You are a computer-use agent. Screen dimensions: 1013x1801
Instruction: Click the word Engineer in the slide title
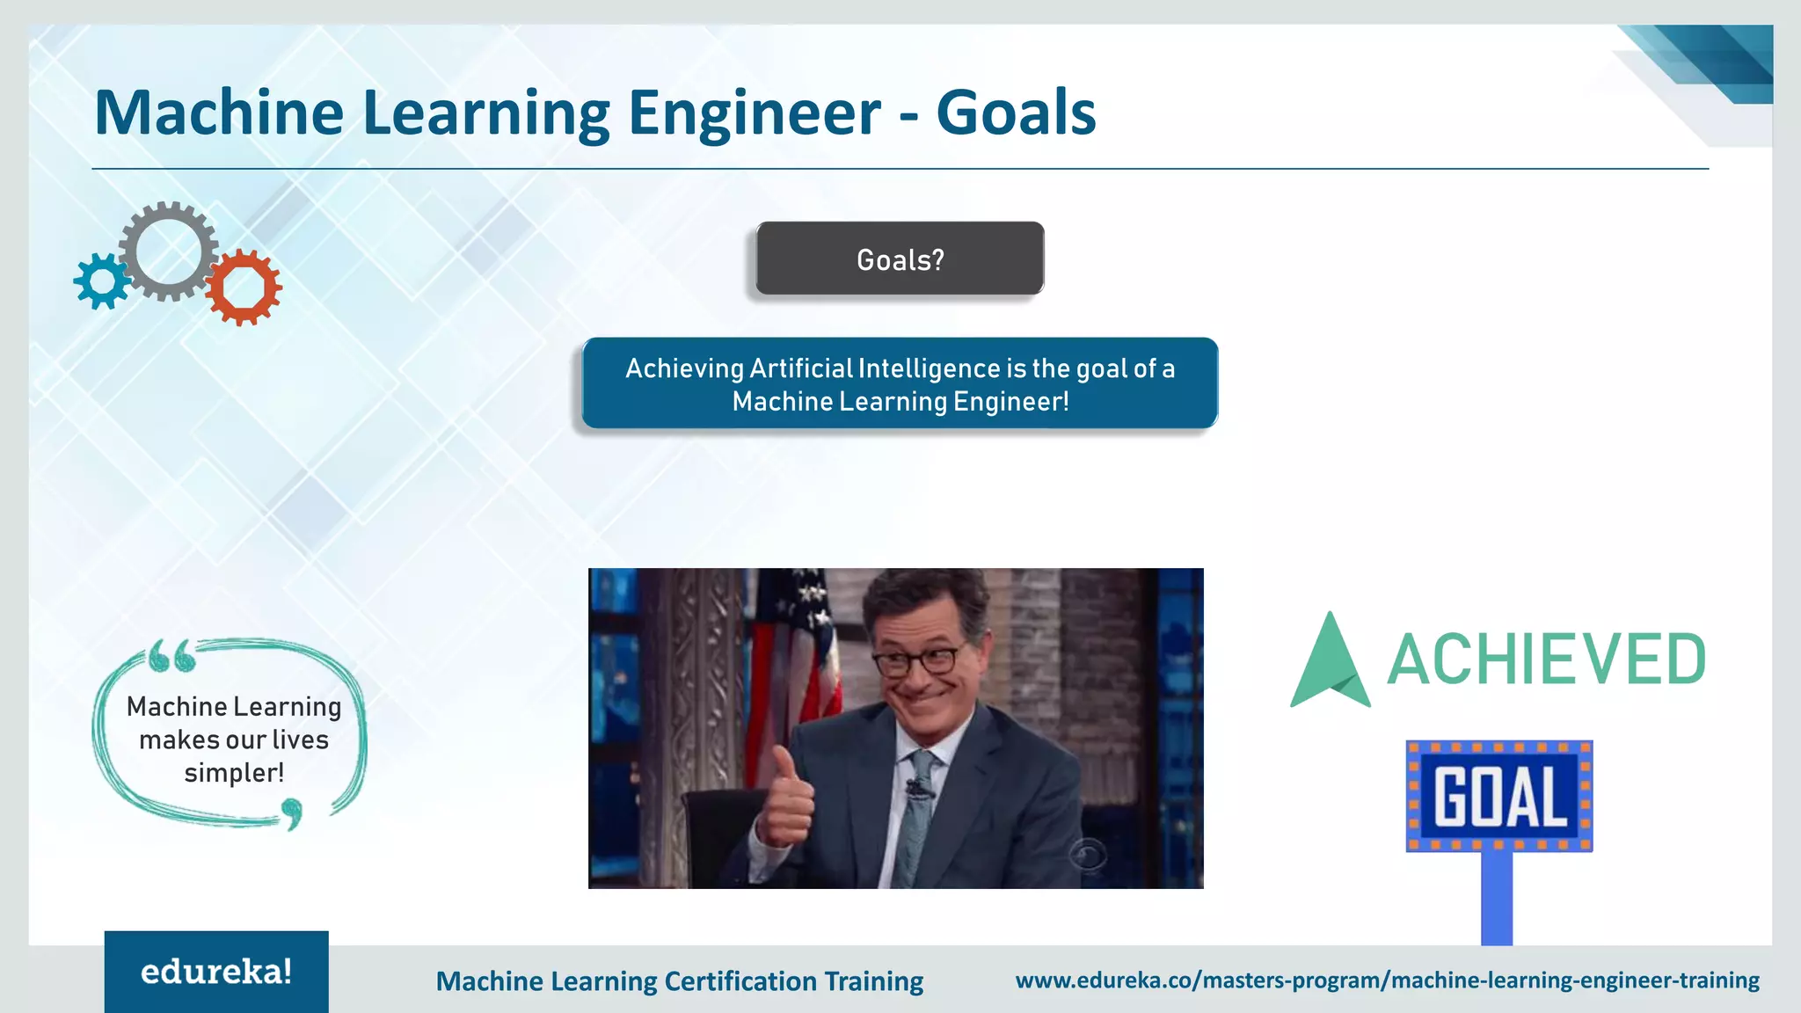(754, 113)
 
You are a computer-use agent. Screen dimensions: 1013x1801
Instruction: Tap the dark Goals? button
(900, 259)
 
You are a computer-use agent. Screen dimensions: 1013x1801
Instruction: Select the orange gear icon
(244, 287)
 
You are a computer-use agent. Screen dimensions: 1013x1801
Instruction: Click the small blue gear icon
(101, 281)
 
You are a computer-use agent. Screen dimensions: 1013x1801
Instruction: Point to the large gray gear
(168, 251)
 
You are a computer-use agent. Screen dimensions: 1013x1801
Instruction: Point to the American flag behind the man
(796, 651)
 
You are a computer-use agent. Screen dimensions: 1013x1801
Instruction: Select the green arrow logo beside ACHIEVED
(1330, 664)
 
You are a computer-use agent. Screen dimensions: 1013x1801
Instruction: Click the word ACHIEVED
(1546, 660)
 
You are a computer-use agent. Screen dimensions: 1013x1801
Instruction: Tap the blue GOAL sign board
(1498, 797)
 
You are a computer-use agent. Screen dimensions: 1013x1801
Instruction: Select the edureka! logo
(216, 972)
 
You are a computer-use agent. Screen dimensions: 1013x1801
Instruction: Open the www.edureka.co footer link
(1387, 980)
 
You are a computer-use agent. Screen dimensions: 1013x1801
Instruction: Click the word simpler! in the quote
(234, 773)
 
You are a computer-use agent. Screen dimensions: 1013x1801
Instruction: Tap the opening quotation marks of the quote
(171, 656)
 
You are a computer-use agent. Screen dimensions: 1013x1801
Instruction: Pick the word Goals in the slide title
(1016, 113)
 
